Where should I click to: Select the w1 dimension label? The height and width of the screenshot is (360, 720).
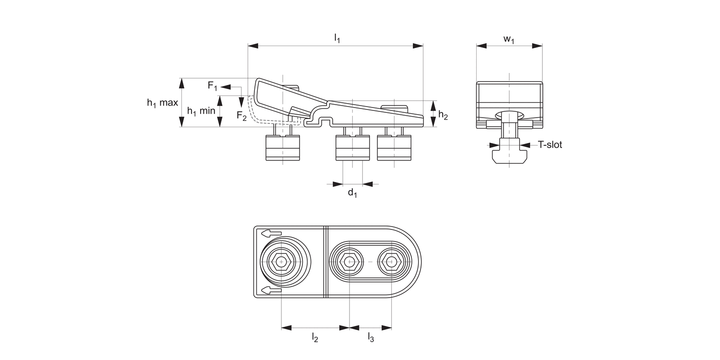coord(509,39)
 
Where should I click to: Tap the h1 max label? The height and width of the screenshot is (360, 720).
coord(162,103)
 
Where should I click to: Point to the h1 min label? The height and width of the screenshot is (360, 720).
coord(201,111)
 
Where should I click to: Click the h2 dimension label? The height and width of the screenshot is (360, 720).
coord(444,115)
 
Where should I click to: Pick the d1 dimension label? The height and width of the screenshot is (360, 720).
coord(352,193)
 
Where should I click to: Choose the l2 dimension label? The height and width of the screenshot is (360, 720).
coord(315,337)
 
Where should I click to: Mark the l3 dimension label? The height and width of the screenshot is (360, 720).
coord(371,337)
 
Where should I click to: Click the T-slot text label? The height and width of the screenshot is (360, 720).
coord(550,144)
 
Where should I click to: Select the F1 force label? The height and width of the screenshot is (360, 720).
coord(213,86)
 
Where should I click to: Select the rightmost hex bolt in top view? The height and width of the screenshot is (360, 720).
coord(391,262)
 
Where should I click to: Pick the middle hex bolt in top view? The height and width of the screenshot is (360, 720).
coord(349,262)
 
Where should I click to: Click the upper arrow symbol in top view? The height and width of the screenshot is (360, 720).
coord(269,233)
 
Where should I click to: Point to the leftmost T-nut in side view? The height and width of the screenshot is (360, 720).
coord(283,148)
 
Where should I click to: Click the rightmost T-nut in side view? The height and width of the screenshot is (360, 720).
coord(394,148)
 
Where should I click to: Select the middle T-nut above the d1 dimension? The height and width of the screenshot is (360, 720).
coord(352,148)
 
